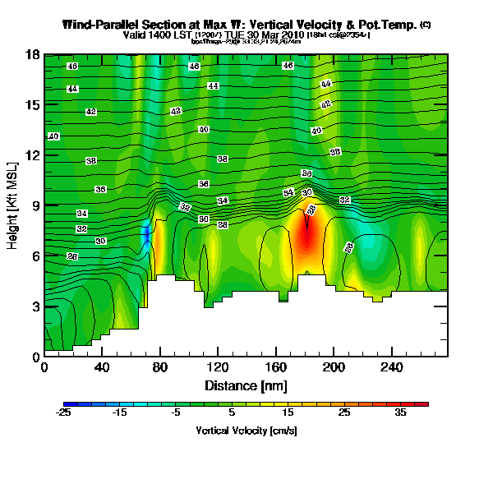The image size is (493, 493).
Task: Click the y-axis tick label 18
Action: pyautogui.click(x=34, y=54)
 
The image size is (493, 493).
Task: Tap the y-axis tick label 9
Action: pyautogui.click(x=36, y=205)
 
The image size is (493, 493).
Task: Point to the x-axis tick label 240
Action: pyautogui.click(x=390, y=367)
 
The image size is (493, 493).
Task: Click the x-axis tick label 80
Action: pyautogui.click(x=160, y=367)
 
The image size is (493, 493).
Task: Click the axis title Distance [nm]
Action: pyautogui.click(x=246, y=385)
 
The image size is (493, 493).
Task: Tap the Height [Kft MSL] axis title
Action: pyautogui.click(x=12, y=205)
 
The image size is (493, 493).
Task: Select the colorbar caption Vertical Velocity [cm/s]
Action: pyautogui.click(x=246, y=430)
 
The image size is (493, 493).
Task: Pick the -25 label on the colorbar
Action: pyautogui.click(x=64, y=413)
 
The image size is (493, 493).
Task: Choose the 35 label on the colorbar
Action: pyautogui.click(x=400, y=413)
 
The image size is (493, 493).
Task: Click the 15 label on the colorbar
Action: pyautogui.click(x=288, y=413)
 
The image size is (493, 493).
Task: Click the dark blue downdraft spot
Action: pyautogui.click(x=147, y=234)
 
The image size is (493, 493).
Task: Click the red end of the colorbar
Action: pyautogui.click(x=424, y=404)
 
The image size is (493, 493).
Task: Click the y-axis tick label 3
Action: pyautogui.click(x=36, y=306)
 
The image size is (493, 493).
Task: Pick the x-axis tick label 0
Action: pyautogui.click(x=44, y=367)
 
